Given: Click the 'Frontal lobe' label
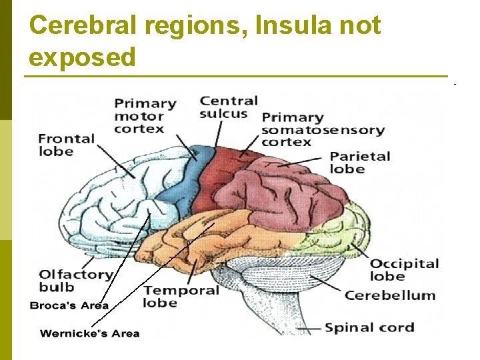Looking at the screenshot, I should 67,145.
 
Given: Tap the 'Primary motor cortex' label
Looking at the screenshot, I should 145,116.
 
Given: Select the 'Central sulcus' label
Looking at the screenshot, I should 229,107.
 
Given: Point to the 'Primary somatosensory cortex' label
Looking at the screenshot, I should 323,129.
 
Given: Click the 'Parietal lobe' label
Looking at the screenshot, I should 360,163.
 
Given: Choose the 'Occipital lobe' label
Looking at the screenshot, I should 405,269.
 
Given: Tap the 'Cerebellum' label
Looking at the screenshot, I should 390,295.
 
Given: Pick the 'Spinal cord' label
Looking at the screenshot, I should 369,327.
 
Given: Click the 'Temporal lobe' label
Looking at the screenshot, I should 181,296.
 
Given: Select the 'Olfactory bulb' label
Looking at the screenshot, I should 75,281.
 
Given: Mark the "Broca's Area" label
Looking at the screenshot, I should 69,306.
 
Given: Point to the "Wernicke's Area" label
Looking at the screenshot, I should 90,333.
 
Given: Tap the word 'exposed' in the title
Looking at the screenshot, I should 82,57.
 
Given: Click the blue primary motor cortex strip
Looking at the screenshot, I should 183,180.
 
